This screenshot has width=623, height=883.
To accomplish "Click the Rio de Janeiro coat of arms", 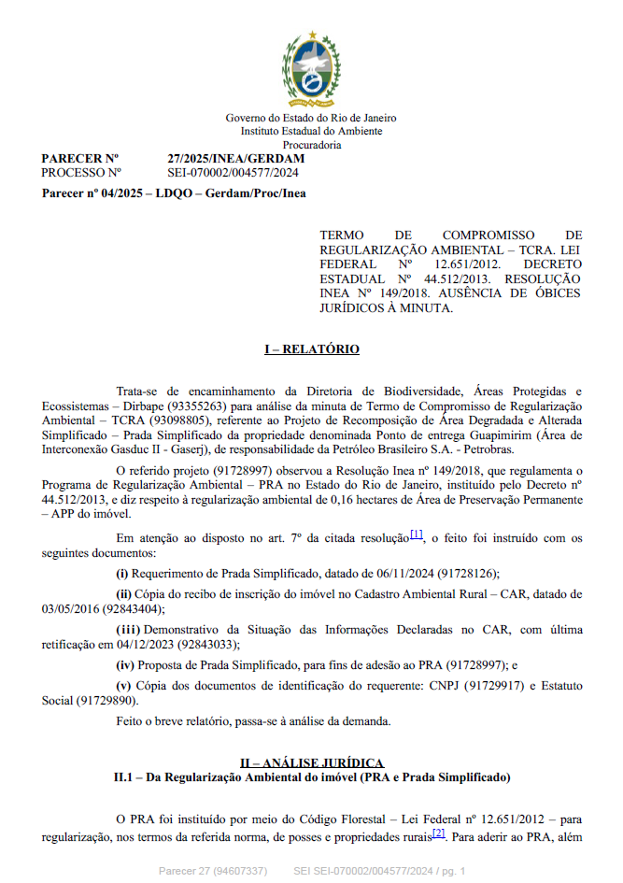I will tap(311, 69).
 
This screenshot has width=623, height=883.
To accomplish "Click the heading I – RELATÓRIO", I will tap(311, 349).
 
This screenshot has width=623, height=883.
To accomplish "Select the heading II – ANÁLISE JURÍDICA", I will tap(311, 763).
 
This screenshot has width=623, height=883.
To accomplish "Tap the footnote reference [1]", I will tap(417, 534).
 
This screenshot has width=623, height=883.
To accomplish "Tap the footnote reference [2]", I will tap(438, 833).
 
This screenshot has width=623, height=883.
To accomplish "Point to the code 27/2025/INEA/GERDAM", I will tap(235, 158).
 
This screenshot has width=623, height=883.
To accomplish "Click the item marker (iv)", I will tap(124, 664).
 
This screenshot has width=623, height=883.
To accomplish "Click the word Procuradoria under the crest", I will tap(311, 145).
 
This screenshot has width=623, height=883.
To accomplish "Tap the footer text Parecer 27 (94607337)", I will tap(213, 871).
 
